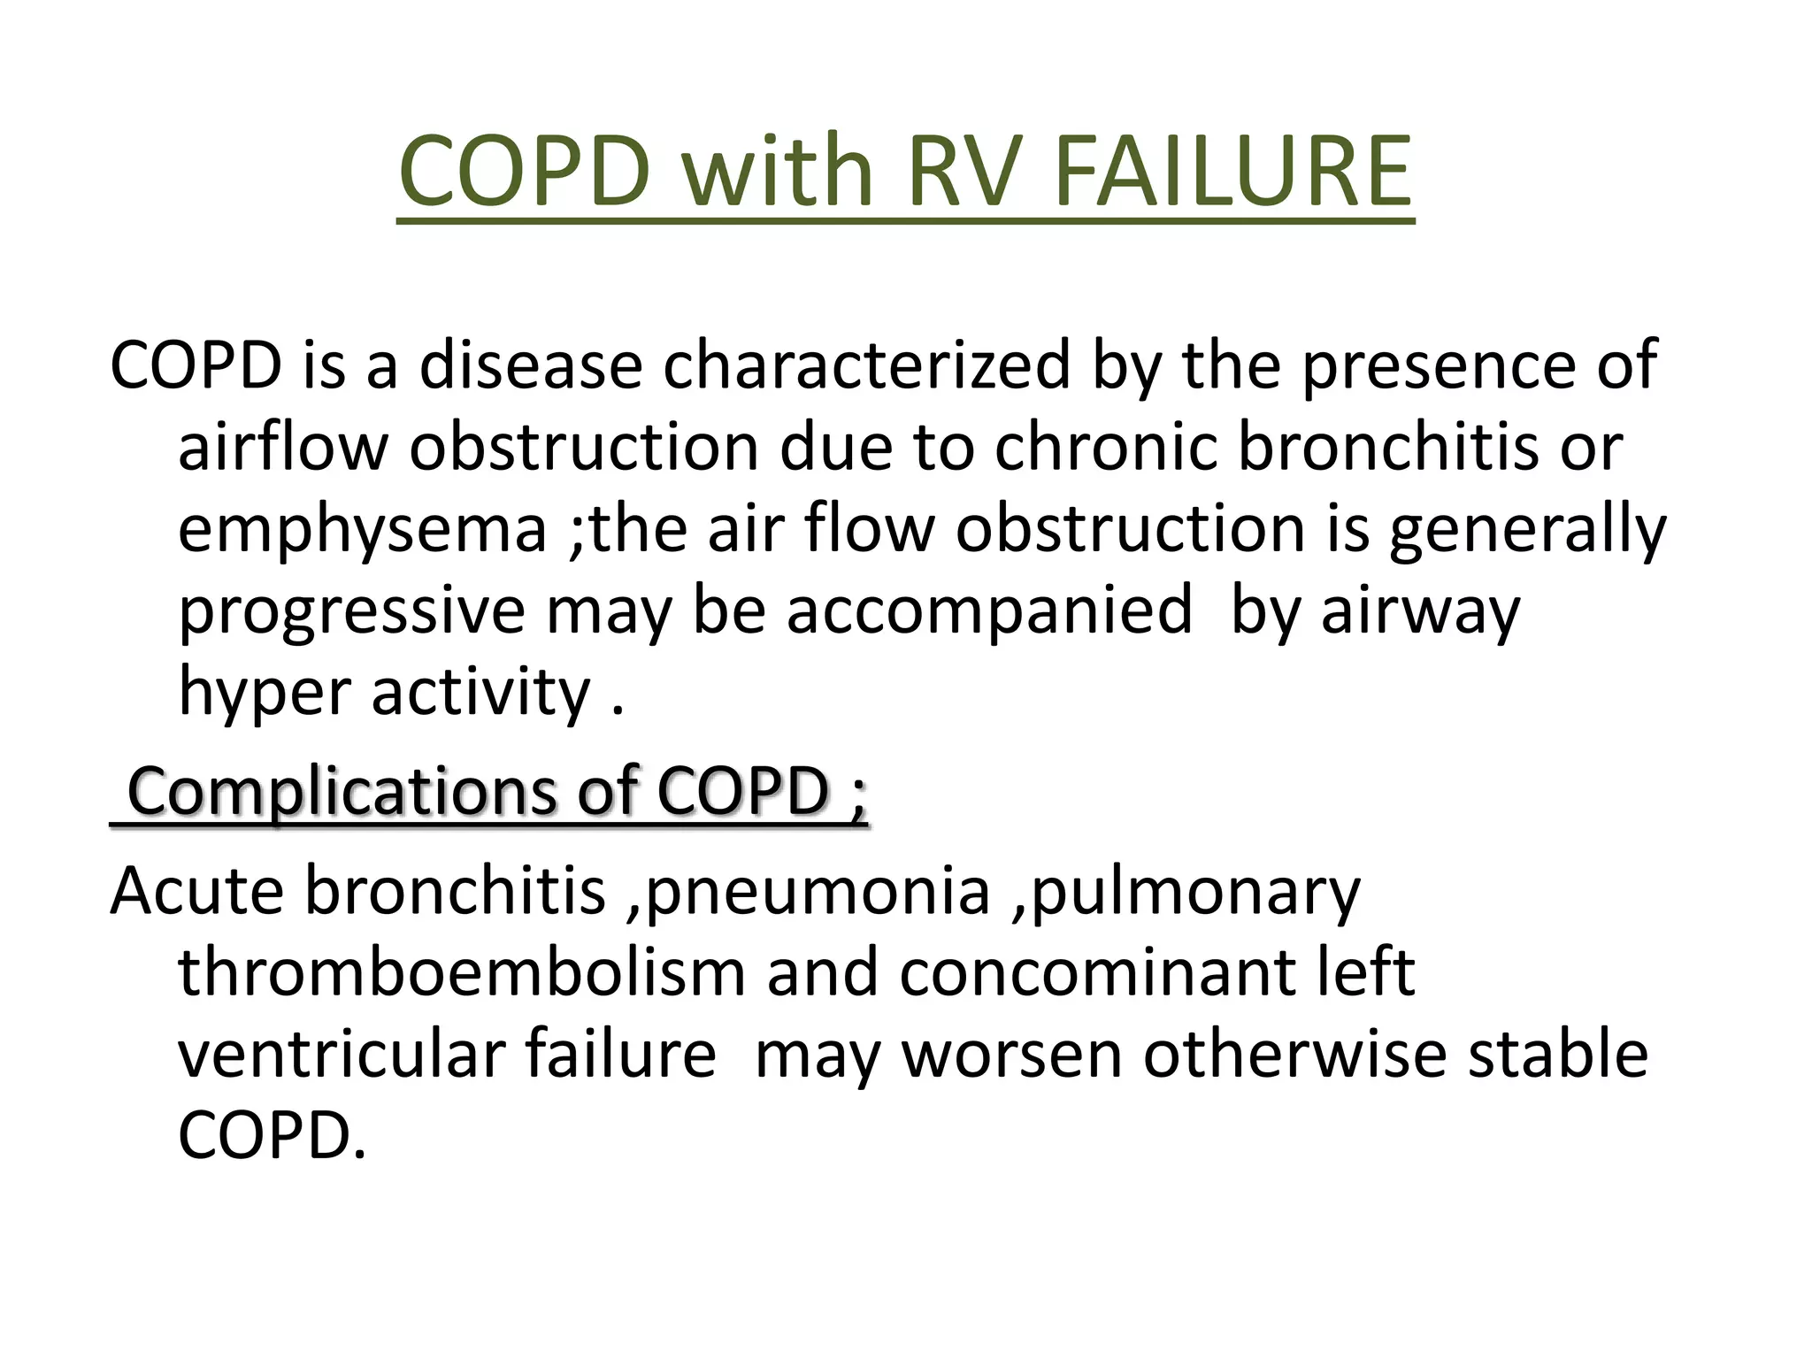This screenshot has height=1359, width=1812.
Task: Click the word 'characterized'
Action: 866,365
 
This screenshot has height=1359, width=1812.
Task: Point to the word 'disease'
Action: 530,365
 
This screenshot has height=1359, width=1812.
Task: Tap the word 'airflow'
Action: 282,447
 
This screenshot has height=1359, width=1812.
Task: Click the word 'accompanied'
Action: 989,610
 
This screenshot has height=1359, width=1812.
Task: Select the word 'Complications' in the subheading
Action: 341,790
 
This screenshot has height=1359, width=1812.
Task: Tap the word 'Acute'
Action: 196,891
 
